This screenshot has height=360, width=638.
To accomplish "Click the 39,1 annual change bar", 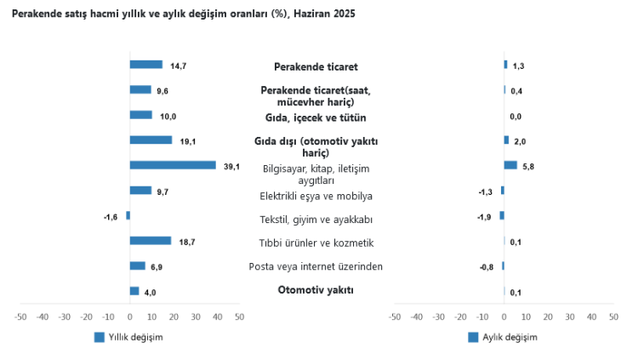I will coord(173,165).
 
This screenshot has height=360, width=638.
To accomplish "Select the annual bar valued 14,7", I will coord(145,65).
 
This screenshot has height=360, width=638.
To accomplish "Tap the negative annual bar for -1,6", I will coord(128,215).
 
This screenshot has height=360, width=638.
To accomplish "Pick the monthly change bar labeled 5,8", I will coord(510,165).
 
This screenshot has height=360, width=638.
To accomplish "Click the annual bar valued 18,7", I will coord(151,241).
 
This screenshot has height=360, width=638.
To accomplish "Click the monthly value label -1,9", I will coord(485,216).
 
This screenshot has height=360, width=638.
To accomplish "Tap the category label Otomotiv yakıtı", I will coord(316,290).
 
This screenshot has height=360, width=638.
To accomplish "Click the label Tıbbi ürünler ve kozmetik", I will coord(316,243).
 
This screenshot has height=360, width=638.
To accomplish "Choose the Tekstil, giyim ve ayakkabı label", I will coord(316,220).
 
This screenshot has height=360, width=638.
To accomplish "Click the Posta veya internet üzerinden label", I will coord(316,266).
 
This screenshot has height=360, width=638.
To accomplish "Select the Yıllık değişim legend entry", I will coord(128,337).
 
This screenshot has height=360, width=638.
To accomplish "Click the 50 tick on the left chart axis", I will coord(239,317).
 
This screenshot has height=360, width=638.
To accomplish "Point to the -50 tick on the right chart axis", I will coord(394,317).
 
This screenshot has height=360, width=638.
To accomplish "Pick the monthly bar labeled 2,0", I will coord(506,140).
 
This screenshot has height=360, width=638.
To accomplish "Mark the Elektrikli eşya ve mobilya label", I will coord(316,197).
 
